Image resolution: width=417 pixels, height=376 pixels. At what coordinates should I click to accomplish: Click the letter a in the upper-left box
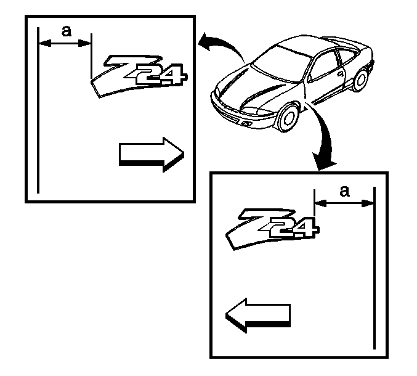pos(67,31)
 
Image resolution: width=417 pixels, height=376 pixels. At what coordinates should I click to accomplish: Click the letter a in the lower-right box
pos(345,191)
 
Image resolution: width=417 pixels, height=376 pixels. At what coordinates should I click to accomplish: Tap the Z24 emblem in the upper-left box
pos(139,76)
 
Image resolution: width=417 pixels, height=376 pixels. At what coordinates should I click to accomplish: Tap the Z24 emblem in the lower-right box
pos(273,229)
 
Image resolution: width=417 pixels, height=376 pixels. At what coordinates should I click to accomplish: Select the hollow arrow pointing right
pos(152,154)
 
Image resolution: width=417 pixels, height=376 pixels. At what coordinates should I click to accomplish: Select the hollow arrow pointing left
pos(258,316)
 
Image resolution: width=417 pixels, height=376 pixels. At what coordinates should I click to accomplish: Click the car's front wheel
pos(288,117)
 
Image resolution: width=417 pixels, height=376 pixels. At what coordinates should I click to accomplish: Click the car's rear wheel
pos(360,79)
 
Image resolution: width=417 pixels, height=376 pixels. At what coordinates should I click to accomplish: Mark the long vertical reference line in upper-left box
pos(38,110)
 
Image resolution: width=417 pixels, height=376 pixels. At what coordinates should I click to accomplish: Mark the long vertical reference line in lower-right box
pos(374,268)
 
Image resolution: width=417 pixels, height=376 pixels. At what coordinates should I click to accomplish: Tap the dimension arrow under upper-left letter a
pos(65,43)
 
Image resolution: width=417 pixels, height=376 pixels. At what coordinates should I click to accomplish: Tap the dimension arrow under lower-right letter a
pos(344,203)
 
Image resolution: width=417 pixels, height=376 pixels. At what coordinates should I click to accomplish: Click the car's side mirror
pos(309,78)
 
